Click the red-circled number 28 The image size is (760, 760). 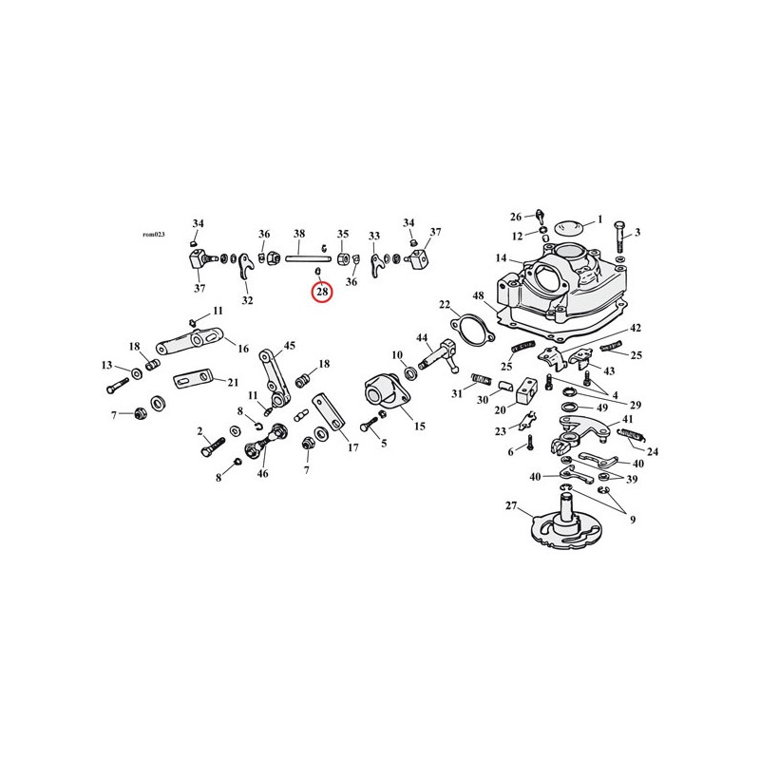point(322,292)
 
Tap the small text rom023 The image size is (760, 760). point(154,234)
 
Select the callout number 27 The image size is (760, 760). point(511,505)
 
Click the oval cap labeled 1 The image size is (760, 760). point(566,226)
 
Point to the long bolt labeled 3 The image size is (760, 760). point(619,236)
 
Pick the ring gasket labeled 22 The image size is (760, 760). point(470,330)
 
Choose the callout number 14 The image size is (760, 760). point(501,257)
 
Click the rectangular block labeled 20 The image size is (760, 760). point(527,391)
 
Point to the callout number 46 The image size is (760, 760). point(262,473)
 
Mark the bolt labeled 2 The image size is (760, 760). point(212,446)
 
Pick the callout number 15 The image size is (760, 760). point(420,426)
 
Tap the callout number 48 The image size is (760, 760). point(479,295)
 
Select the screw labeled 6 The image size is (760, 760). point(530,443)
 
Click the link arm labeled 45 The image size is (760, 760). point(272,376)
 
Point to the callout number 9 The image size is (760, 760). point(633,520)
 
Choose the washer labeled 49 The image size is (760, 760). point(571,406)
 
